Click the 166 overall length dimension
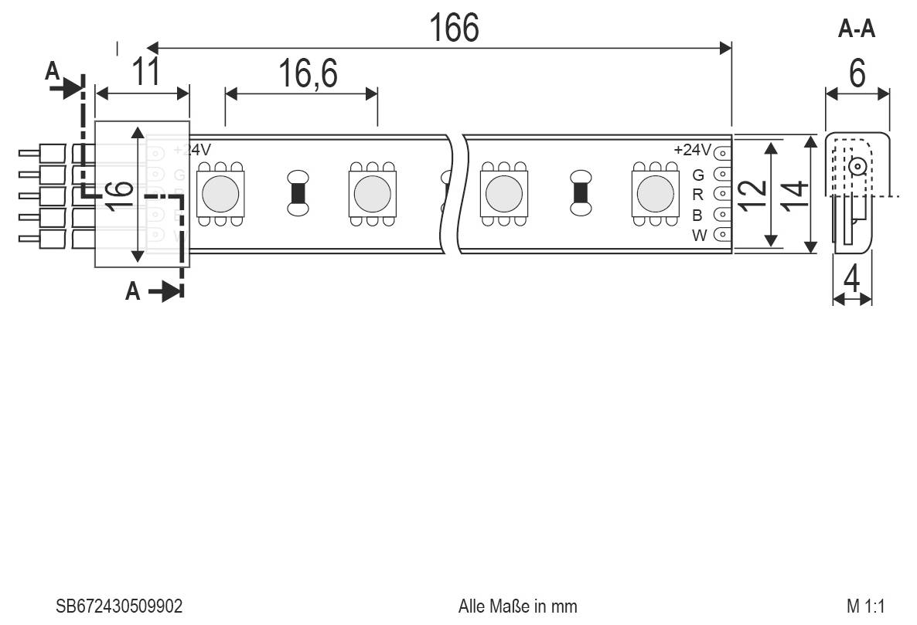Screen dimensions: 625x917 454,28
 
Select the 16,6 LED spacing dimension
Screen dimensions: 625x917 307,75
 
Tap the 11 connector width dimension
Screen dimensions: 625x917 145,72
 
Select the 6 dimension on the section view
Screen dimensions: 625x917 857,74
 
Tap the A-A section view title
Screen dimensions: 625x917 857,29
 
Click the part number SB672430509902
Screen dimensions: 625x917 119,606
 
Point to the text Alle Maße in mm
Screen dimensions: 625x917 517,606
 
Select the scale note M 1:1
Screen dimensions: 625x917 864,606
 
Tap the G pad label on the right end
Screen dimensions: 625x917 697,174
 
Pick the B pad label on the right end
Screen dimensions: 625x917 697,215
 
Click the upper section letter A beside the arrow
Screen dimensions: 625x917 52,72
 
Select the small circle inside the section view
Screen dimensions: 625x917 856,165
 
